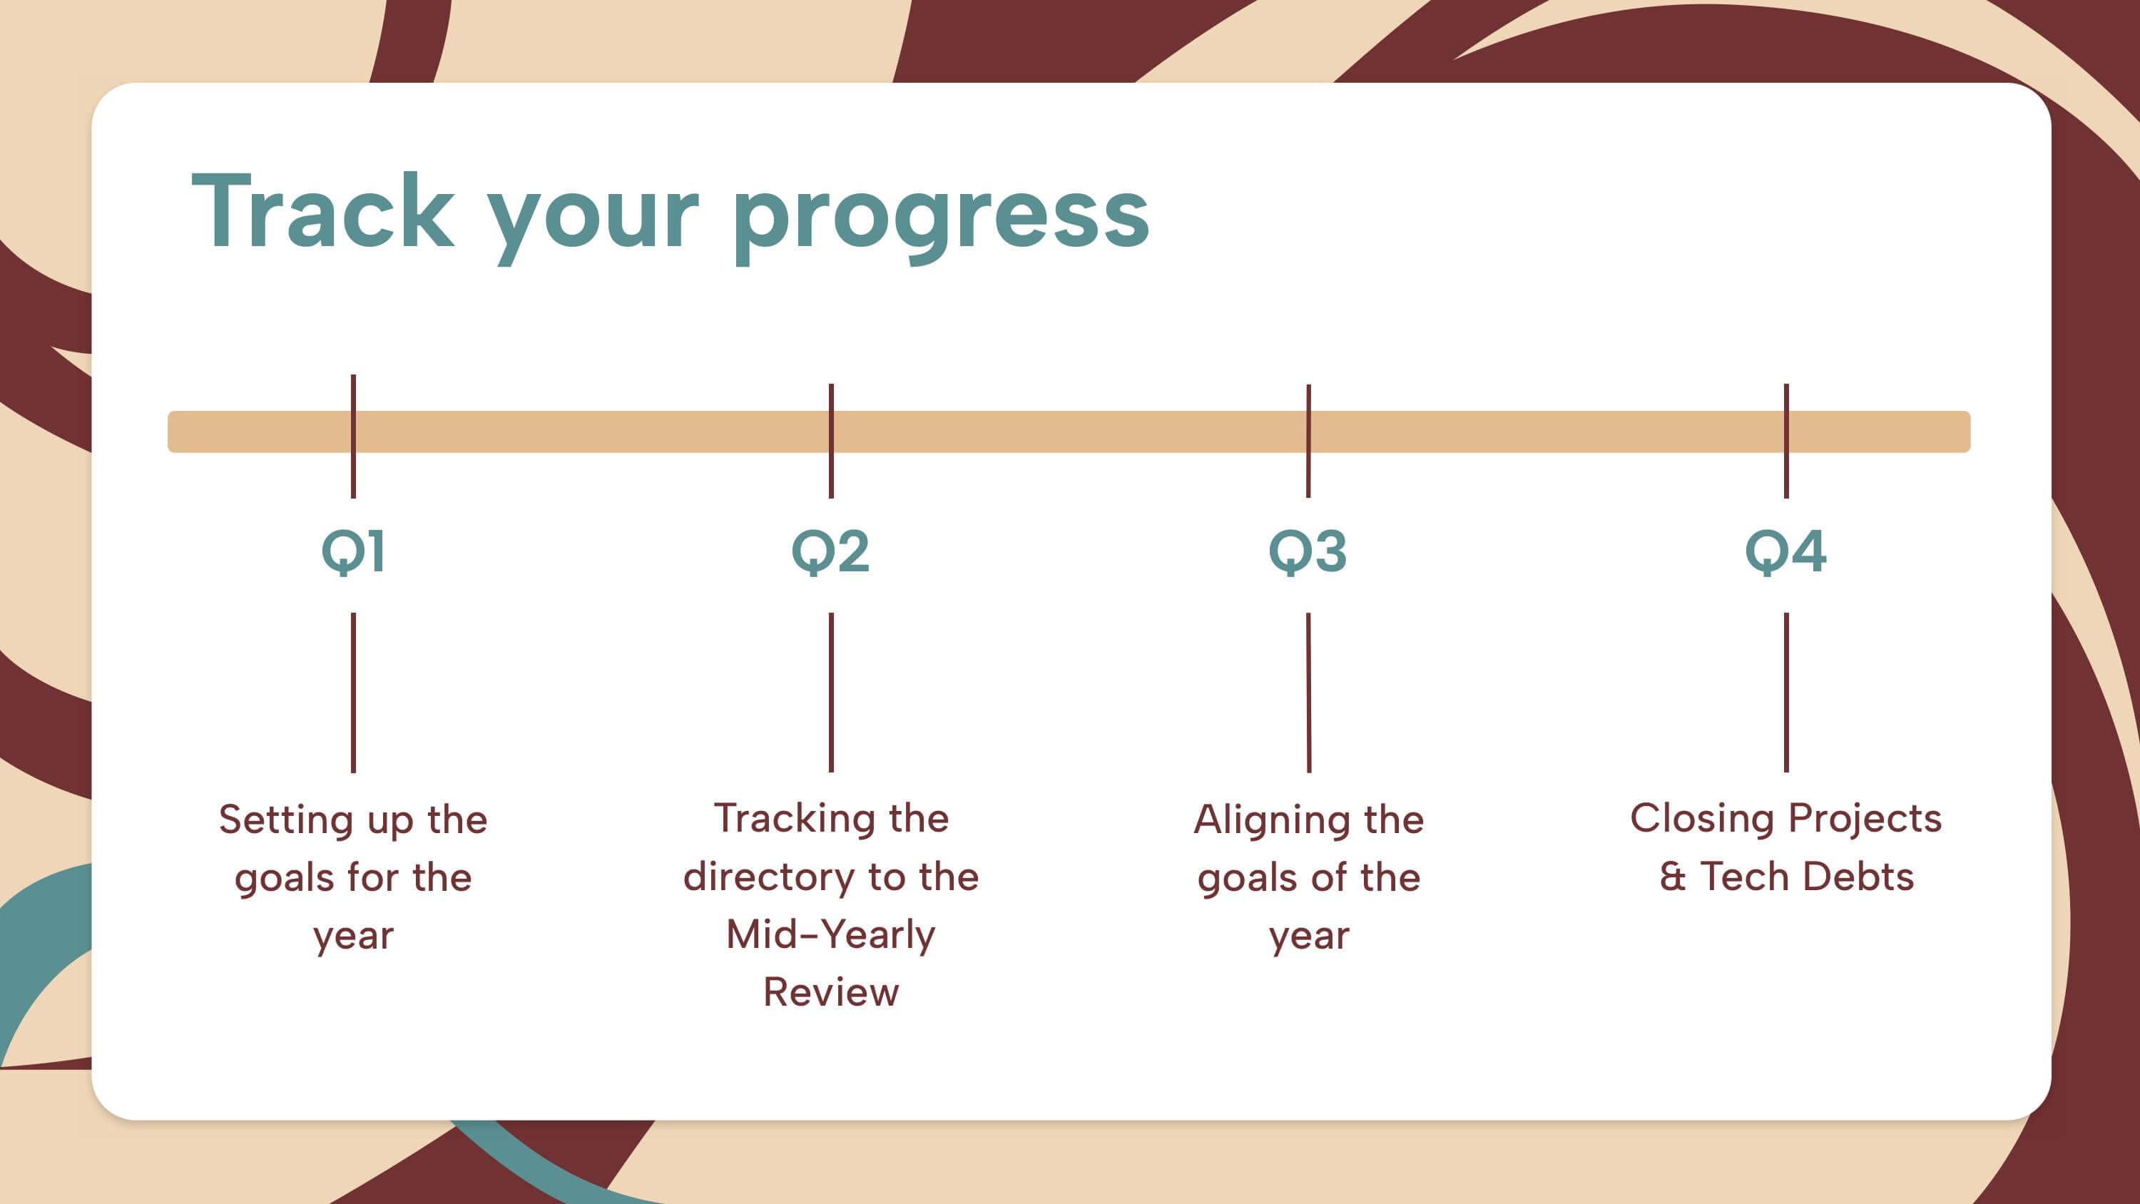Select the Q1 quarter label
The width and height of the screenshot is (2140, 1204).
pyautogui.click(x=353, y=552)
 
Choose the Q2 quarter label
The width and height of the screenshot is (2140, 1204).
pyautogui.click(x=831, y=552)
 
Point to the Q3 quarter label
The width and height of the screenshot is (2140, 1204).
pyautogui.click(x=1308, y=552)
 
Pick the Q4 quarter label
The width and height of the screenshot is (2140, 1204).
pyautogui.click(x=1785, y=552)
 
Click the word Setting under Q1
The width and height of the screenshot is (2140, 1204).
pyautogui.click(x=286, y=821)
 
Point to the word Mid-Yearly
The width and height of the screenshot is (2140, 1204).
pyautogui.click(x=831, y=936)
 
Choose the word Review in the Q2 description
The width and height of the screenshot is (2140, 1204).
pyautogui.click(x=831, y=992)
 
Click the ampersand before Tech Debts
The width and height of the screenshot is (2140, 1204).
pyautogui.click(x=1673, y=877)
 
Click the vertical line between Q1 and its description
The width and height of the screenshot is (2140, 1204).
pyautogui.click(x=353, y=693)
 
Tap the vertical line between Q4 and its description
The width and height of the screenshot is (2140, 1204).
pyautogui.click(x=1786, y=693)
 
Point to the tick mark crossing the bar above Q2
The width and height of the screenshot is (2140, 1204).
pyautogui.click(x=831, y=442)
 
